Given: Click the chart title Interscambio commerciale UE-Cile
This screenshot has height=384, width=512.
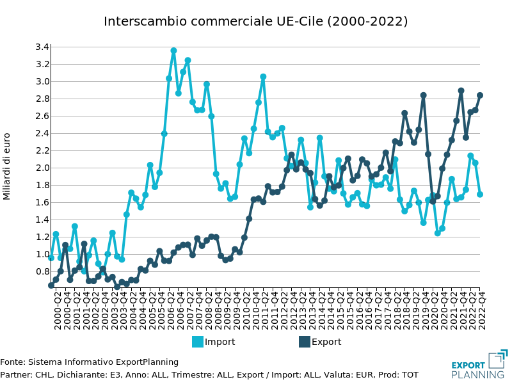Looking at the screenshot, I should click(255, 21).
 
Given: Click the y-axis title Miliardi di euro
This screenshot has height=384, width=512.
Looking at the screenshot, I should click(7, 166).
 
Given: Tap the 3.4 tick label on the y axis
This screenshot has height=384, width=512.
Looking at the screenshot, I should click(42, 47).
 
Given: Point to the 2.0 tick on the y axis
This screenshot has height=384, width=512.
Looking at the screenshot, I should click(42, 168).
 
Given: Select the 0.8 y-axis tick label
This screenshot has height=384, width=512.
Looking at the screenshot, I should click(42, 271).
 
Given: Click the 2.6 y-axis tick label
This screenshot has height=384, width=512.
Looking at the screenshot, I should click(42, 116).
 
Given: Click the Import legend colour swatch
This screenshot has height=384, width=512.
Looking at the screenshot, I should click(198, 342).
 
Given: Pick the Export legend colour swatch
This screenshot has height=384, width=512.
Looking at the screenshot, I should click(305, 342).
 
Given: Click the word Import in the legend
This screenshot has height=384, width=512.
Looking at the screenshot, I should click(220, 342).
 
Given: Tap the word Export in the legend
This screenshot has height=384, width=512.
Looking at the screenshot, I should click(326, 342).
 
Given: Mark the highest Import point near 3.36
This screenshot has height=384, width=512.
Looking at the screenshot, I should click(173, 51).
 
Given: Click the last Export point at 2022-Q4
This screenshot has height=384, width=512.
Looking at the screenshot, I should click(480, 95).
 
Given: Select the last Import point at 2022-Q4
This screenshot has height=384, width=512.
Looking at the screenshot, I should click(480, 195).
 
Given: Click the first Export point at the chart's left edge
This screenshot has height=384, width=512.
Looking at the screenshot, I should click(51, 285).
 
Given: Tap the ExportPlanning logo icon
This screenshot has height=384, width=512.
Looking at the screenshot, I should click(498, 358).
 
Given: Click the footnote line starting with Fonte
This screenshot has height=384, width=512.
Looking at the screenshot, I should click(89, 362).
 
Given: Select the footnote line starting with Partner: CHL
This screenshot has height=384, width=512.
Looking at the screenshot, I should click(209, 374).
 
